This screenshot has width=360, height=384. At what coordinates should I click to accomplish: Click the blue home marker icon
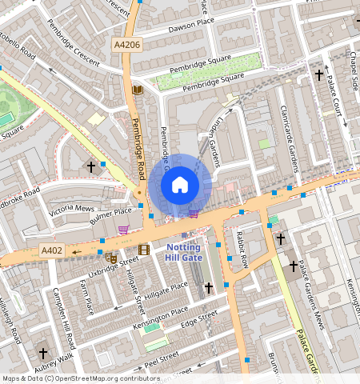coord(180,186)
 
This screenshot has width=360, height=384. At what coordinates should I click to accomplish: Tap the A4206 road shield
coord(126,46)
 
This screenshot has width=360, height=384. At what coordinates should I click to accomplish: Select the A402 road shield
coord(52,251)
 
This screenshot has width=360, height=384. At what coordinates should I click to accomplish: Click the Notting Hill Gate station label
coord(184,252)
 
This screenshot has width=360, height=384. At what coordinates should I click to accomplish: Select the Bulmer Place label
coord(110,213)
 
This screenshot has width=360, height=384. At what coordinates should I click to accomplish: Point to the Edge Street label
coord(198,320)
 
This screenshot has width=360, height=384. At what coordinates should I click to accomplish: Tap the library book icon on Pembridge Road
coord(138,90)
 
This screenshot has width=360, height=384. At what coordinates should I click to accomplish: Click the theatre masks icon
coord(111,258)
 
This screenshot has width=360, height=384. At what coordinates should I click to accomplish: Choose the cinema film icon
coord(143,250)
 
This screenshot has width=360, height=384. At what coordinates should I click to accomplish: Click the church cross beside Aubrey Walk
coord(42,352)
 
